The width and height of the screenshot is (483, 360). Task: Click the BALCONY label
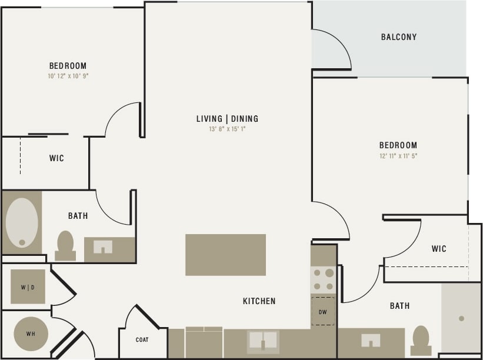click(398, 37)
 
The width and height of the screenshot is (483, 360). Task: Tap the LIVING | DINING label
click(227, 119)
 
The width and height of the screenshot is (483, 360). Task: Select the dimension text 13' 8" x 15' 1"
click(227, 129)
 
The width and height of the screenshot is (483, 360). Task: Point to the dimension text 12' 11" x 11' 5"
click(398, 156)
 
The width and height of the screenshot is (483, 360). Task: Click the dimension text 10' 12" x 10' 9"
click(68, 76)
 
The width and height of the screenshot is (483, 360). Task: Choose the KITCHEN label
click(259, 301)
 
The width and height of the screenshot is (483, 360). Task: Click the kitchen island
click(225, 255)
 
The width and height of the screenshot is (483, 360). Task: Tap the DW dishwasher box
click(322, 312)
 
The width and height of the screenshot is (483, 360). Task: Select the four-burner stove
click(322, 279)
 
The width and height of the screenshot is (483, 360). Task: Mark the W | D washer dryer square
click(28, 287)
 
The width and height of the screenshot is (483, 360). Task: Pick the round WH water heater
click(30, 334)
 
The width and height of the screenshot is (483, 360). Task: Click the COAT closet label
click(142, 340)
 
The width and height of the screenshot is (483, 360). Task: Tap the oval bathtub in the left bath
click(22, 222)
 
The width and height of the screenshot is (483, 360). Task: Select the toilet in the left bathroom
click(65, 245)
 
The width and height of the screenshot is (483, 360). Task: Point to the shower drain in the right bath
click(461, 318)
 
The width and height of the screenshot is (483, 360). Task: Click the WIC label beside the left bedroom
click(56, 158)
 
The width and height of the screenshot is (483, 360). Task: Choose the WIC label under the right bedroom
click(439, 249)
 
